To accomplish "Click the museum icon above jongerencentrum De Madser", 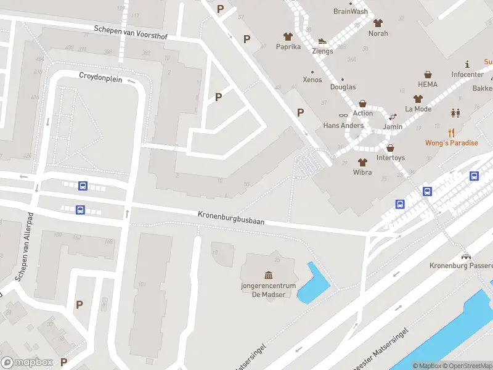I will click(x=268, y=274).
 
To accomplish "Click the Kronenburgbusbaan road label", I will click(x=230, y=218).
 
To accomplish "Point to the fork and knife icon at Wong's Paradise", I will click(x=451, y=132).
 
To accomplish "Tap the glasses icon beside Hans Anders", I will click(x=343, y=115).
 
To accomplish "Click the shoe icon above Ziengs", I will click(x=322, y=41).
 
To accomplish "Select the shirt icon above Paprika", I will click(x=288, y=36).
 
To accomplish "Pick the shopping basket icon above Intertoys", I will click(x=391, y=148).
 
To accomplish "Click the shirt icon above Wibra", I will click(x=362, y=162).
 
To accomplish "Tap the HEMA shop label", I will click(x=427, y=84).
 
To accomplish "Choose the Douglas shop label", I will click(x=343, y=87).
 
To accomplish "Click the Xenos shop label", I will click(x=312, y=80).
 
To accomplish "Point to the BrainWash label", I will click(x=350, y=11).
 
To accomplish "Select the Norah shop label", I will click(x=378, y=33).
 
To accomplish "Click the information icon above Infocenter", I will click(x=468, y=64).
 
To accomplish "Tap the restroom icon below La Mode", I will click(x=455, y=113).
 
